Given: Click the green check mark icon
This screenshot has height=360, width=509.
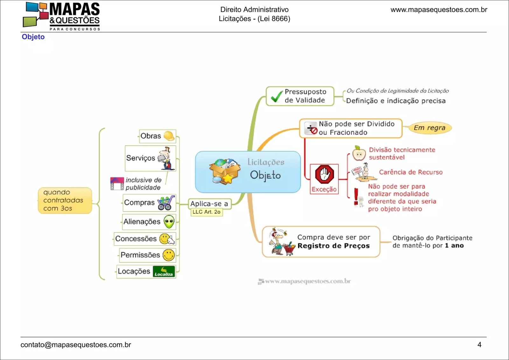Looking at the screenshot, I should (x=276, y=96).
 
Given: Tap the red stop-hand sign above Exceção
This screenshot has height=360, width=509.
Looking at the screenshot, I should (x=324, y=174).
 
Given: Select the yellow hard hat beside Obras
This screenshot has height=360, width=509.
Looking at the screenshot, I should (x=169, y=136).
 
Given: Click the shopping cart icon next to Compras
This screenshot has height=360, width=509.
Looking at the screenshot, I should (x=166, y=203).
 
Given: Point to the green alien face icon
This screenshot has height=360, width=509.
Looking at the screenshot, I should (x=169, y=222).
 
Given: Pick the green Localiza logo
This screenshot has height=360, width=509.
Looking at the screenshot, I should (x=164, y=272).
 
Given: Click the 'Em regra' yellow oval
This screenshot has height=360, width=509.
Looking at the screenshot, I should (x=429, y=128).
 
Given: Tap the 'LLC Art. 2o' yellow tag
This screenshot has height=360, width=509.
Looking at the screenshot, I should (x=206, y=212).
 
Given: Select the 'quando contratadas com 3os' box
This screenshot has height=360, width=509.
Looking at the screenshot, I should (x=65, y=201).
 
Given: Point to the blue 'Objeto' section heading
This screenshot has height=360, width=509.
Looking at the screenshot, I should (x=33, y=37).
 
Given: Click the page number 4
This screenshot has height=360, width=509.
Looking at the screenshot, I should (x=479, y=345).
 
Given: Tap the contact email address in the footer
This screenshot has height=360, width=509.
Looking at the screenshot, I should (x=76, y=345).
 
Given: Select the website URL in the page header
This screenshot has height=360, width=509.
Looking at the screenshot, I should (x=439, y=10).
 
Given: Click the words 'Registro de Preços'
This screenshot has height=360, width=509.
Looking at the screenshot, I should (x=333, y=246).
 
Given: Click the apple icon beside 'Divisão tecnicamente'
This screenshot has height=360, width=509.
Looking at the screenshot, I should (x=359, y=153).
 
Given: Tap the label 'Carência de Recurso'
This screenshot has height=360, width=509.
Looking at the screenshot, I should (x=410, y=172).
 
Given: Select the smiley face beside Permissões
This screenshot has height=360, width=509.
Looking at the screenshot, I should (x=169, y=255).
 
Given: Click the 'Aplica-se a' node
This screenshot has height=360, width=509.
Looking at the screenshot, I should (x=209, y=204).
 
